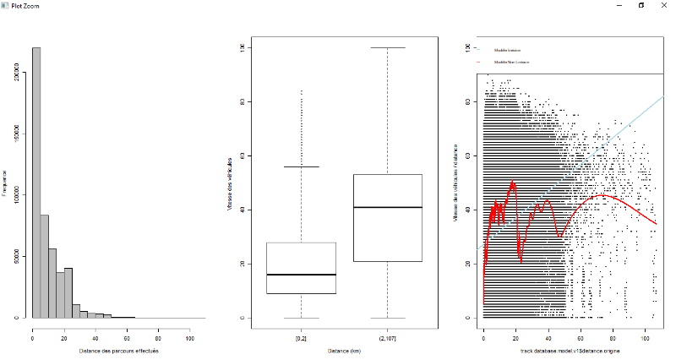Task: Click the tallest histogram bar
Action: point(36,182)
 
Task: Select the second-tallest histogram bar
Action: point(45,266)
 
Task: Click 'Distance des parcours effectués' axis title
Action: point(118,350)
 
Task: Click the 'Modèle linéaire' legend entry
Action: point(508,51)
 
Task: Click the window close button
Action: point(663,5)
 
